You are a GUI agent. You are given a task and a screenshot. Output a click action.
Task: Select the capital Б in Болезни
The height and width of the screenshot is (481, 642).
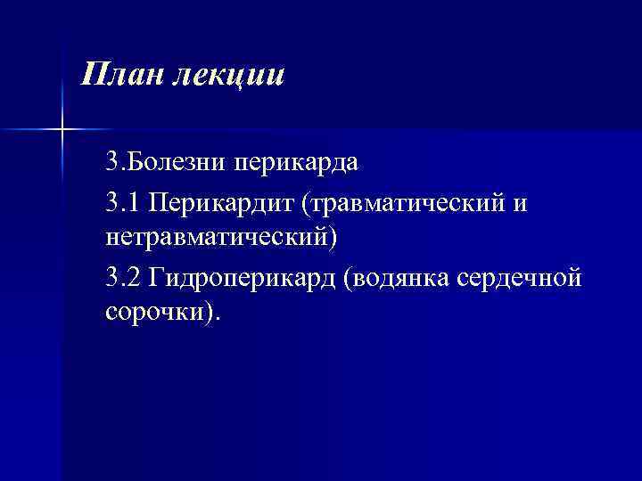(x=138, y=163)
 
